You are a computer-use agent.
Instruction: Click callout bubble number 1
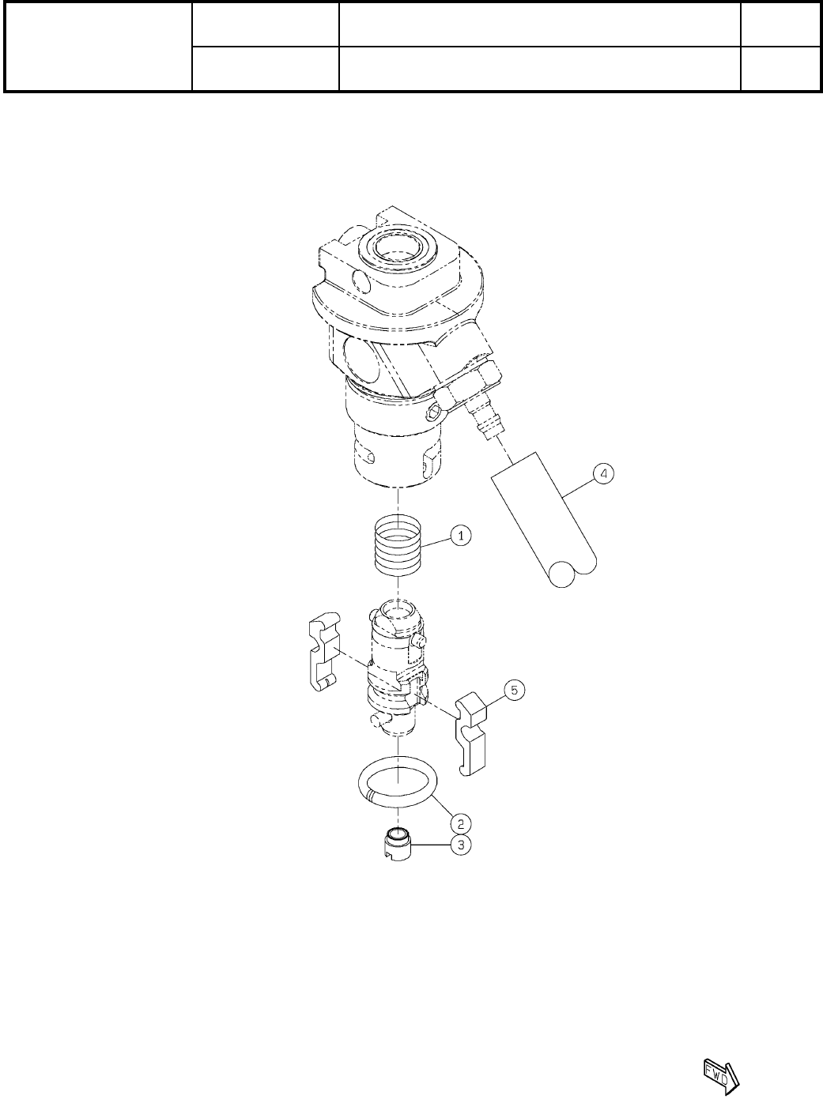(x=460, y=536)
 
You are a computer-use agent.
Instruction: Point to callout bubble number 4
(x=603, y=473)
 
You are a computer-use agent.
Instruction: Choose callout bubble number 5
(x=515, y=691)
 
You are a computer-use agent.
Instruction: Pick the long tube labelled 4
(x=545, y=519)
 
